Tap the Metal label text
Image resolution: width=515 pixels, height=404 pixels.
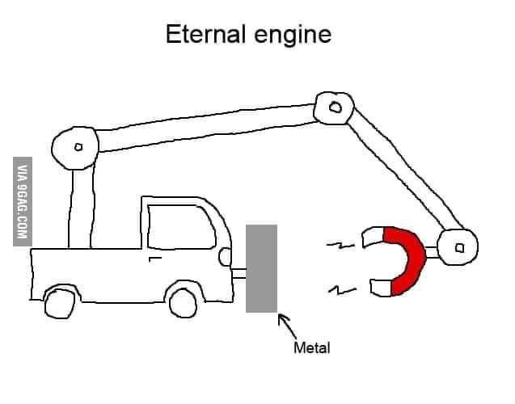point(311,348)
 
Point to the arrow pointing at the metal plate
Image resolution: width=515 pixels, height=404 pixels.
point(288,326)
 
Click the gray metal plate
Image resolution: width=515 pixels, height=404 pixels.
point(261,267)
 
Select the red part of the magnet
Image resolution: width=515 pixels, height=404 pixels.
point(409,259)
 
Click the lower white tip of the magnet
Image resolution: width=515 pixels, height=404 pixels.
point(379,286)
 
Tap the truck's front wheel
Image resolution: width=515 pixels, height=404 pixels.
point(184,301)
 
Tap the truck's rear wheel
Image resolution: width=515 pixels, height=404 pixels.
point(59,302)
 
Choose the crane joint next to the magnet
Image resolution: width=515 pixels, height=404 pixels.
point(458,247)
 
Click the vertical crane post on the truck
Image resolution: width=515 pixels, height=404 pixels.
point(81,206)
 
